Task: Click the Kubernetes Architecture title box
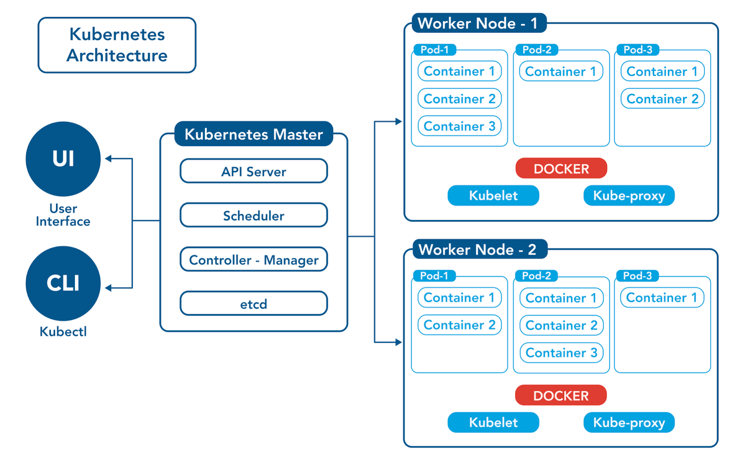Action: click(x=117, y=45)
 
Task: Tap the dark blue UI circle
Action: click(x=63, y=159)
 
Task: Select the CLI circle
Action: click(x=63, y=283)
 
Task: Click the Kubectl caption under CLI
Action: click(x=63, y=331)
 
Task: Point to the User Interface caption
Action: click(x=63, y=215)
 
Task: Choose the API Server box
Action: click(x=254, y=171)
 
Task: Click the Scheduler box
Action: click(x=254, y=215)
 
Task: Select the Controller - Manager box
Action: click(x=254, y=260)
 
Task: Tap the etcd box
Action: click(x=254, y=304)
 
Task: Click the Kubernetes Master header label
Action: click(x=254, y=134)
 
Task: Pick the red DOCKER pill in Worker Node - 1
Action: click(x=561, y=169)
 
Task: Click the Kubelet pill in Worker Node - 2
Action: click(x=493, y=422)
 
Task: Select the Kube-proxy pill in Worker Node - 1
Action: click(x=629, y=196)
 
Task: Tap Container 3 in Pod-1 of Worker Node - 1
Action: click(x=459, y=126)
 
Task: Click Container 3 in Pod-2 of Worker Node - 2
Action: click(x=561, y=352)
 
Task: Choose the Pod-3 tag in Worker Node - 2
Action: click(x=638, y=276)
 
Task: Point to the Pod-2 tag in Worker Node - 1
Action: click(x=537, y=50)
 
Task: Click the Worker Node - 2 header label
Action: click(x=478, y=250)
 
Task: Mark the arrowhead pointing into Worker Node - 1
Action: click(x=398, y=122)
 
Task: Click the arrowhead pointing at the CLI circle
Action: click(x=108, y=288)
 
